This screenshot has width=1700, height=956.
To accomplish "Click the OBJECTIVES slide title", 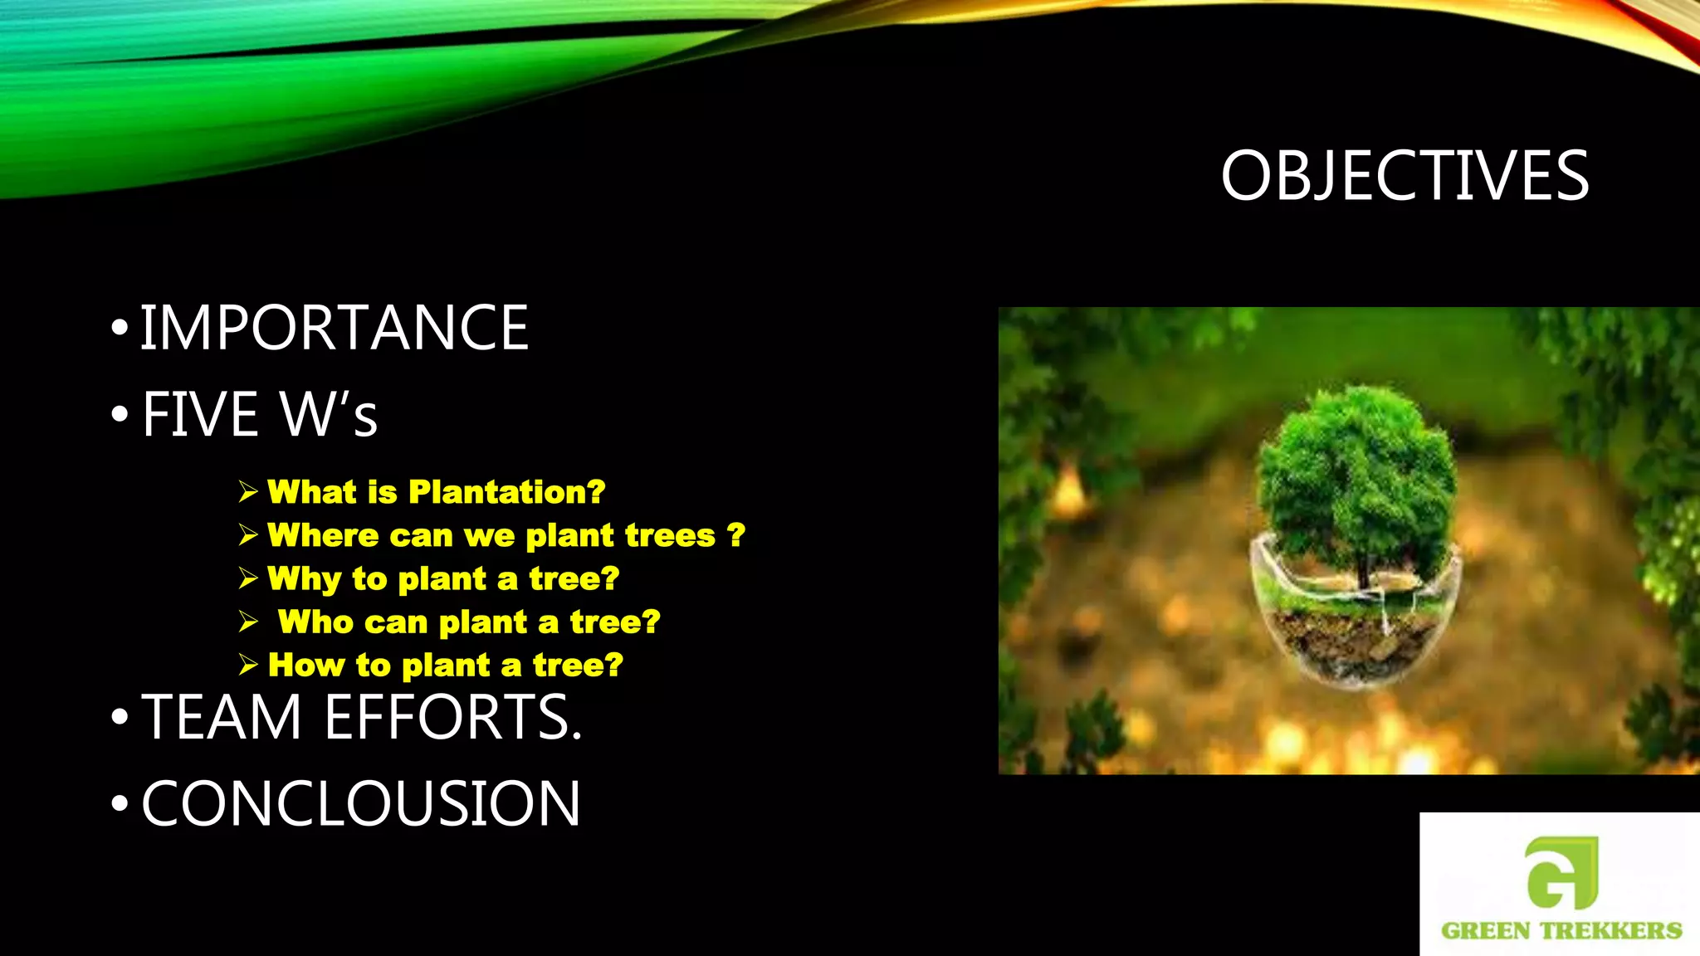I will tap(1404, 176).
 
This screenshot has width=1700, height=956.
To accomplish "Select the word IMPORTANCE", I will tap(334, 328).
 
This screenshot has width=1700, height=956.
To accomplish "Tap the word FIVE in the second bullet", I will tap(200, 414).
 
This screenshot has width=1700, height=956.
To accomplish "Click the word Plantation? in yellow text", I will tap(506, 492).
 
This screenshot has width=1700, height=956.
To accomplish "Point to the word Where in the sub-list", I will tap(323, 535).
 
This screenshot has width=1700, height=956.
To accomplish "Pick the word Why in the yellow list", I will tap(304, 578).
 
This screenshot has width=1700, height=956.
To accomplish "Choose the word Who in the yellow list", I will tap(315, 622).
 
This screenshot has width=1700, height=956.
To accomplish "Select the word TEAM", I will tap(222, 717).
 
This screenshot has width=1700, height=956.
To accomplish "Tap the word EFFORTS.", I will tap(453, 717).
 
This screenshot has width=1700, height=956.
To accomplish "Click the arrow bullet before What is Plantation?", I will tap(248, 492).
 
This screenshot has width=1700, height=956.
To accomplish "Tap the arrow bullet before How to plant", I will tap(248, 665).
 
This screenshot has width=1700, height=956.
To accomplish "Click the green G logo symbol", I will tap(1561, 872).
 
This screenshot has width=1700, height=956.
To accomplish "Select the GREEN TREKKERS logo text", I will tap(1561, 930).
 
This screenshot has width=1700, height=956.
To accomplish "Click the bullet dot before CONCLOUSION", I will tap(120, 803).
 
